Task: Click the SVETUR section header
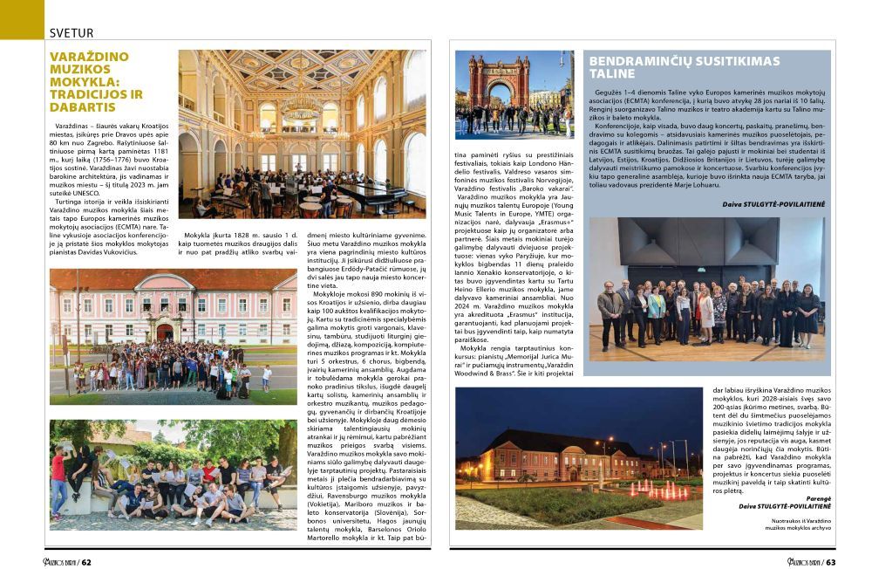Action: (72, 32)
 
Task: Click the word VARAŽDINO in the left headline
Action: (89, 57)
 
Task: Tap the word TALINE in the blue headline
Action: (616, 74)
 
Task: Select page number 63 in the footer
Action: (830, 561)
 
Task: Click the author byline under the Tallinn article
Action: (771, 204)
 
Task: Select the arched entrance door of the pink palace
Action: (163, 332)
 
